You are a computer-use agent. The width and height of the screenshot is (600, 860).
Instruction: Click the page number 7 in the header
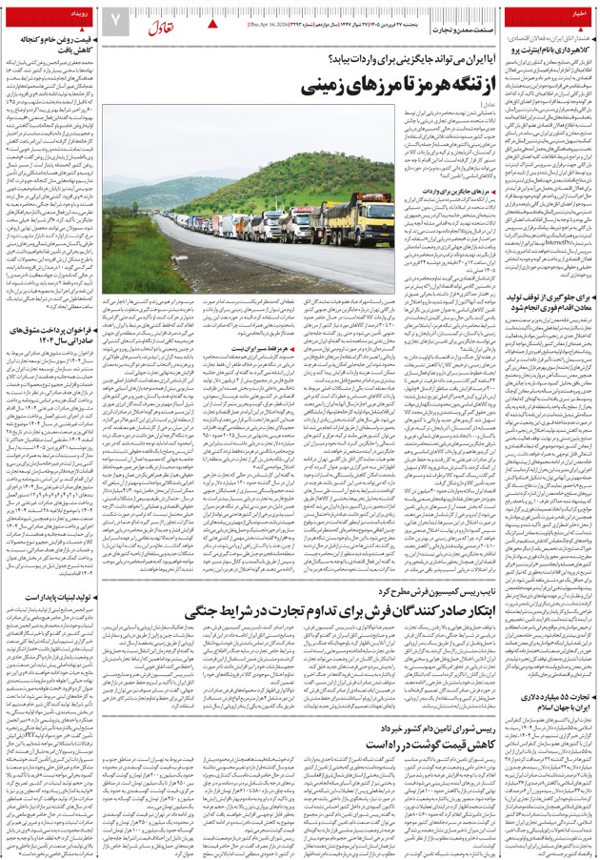click(114, 19)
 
